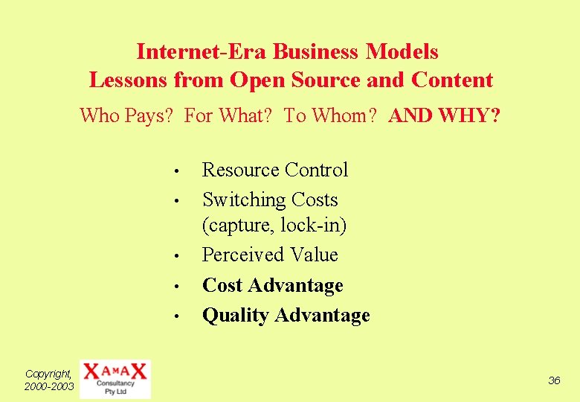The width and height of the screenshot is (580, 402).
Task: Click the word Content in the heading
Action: click(x=452, y=80)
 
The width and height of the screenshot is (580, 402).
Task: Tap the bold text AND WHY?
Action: click(x=445, y=116)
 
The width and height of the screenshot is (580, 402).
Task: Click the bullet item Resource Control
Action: click(x=274, y=170)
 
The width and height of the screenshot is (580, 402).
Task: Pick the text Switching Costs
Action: click(x=270, y=200)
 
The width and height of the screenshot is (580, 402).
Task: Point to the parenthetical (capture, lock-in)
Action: click(x=274, y=225)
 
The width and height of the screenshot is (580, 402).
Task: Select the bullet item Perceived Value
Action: click(x=270, y=255)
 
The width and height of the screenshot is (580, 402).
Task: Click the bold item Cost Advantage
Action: click(x=272, y=286)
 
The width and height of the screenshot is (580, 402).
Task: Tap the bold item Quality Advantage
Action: click(x=286, y=316)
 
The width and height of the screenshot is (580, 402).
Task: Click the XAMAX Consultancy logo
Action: click(x=115, y=379)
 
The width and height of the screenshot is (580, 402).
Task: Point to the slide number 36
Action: click(x=554, y=380)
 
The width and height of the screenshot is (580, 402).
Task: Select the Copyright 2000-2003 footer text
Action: click(x=49, y=380)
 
